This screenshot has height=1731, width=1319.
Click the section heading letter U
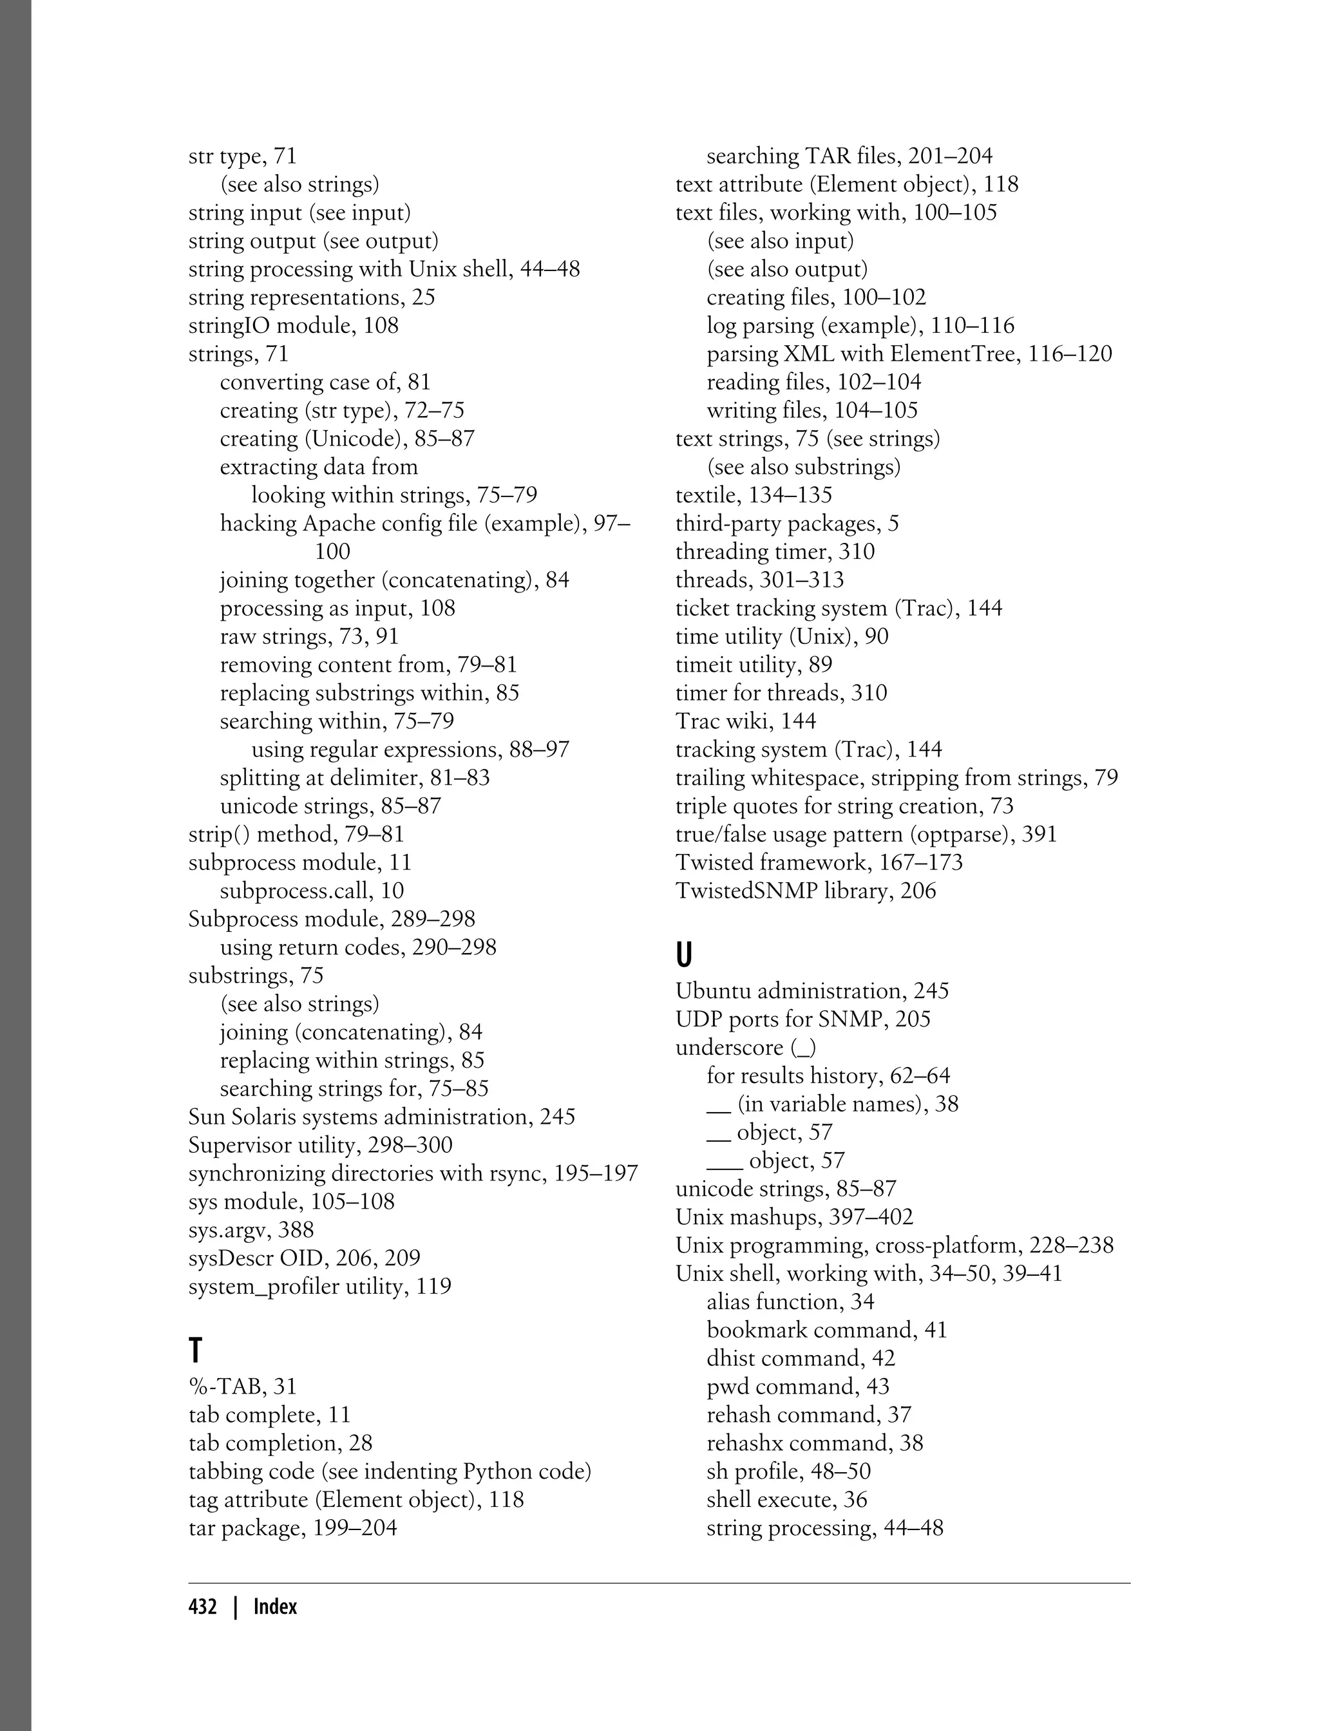pos(684,954)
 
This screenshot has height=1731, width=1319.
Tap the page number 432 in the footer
pos(203,1606)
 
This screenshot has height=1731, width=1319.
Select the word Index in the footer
pos(275,1606)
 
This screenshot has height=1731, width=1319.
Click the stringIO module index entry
pos(293,325)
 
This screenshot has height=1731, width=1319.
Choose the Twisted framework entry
pos(818,862)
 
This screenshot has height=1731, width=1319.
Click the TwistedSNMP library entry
pos(805,890)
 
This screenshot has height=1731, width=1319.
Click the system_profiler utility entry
pos(319,1286)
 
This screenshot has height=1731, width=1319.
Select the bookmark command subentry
pos(827,1330)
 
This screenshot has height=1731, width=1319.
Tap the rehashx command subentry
pos(814,1443)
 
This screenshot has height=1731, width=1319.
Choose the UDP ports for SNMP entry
pos(802,1019)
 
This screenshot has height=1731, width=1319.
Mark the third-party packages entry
pos(786,523)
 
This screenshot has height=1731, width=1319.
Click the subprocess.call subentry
pos(312,890)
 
